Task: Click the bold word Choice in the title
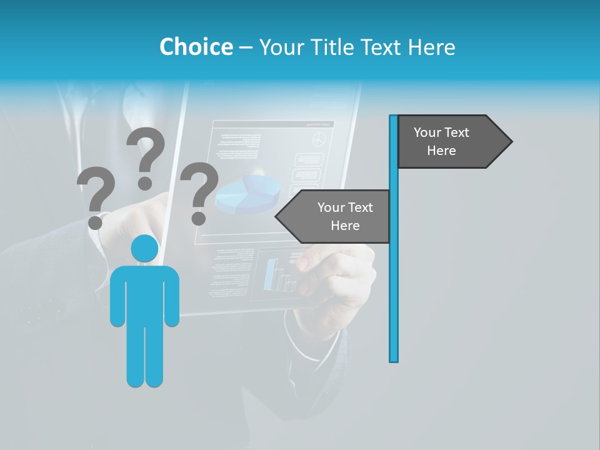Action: click(x=196, y=47)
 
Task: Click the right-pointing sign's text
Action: click(x=441, y=141)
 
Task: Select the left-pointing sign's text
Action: click(x=345, y=216)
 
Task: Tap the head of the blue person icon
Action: click(x=144, y=248)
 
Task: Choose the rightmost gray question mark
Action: click(x=199, y=190)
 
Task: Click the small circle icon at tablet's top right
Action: click(x=319, y=139)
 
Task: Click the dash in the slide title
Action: click(x=246, y=47)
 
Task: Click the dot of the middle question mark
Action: click(x=145, y=183)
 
